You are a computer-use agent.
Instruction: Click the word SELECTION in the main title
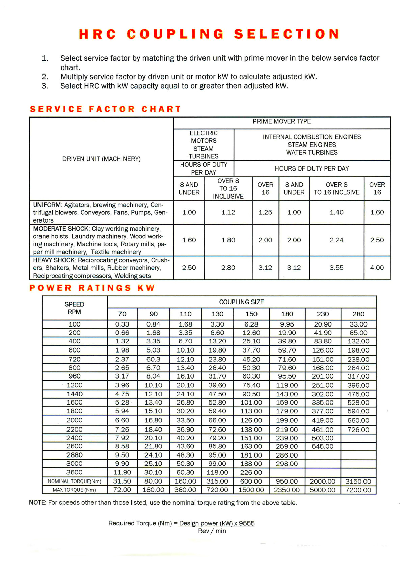pos(287,34)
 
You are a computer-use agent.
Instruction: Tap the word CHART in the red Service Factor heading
pos(161,109)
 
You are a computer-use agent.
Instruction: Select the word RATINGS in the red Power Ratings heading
pos(105,288)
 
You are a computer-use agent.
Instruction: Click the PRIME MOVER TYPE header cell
pos(282,122)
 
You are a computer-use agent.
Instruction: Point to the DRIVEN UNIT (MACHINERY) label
pos(101,159)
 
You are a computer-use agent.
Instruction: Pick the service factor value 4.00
pos(377,268)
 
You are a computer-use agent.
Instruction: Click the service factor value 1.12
pos(228,212)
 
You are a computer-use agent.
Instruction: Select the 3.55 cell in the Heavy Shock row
pos(336,268)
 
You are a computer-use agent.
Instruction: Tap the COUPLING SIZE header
pos(242,302)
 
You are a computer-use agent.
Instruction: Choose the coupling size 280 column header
pos(358,314)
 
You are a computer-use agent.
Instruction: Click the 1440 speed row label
pos(75,394)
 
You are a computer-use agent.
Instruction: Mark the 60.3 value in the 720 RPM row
pos(153,359)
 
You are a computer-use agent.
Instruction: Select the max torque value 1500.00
pos(251,490)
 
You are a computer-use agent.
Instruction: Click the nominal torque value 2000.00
pos(323,481)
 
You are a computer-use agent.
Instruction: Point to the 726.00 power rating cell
pos(358,430)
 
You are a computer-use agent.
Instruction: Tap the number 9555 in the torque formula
pos(247,523)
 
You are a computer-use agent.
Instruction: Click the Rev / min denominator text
pos(212,531)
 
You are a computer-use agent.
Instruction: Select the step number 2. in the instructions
pos(45,77)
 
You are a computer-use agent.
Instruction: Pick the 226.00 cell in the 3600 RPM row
pos(251,472)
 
